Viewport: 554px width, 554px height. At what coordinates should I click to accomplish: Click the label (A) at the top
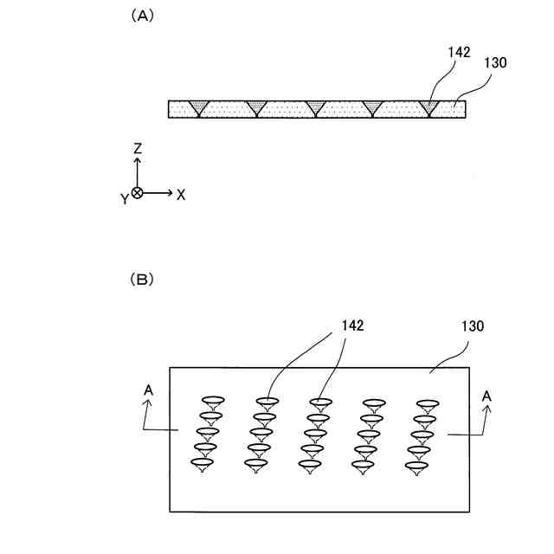(x=142, y=16)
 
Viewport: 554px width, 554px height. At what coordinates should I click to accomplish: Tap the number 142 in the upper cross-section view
(x=459, y=52)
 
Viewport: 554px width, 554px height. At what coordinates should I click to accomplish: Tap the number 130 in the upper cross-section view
(x=495, y=62)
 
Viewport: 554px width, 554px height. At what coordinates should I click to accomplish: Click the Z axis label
(x=138, y=149)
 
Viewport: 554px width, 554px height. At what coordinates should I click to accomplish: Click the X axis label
(x=181, y=195)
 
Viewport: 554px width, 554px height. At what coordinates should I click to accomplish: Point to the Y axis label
(x=125, y=198)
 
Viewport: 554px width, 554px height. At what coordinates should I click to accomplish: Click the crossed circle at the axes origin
(x=138, y=192)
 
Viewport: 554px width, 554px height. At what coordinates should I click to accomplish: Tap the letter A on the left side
(x=148, y=390)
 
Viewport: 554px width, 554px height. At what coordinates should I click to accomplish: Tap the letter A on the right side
(x=486, y=396)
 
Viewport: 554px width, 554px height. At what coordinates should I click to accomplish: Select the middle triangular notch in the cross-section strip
(x=315, y=107)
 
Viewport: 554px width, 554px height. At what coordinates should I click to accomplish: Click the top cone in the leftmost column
(x=213, y=402)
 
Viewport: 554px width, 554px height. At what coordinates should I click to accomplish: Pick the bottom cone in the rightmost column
(x=419, y=467)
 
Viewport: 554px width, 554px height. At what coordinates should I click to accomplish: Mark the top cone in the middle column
(x=320, y=403)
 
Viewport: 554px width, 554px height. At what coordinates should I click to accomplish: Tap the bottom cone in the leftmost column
(x=203, y=466)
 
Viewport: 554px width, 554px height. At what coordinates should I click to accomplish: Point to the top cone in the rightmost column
(x=428, y=404)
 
